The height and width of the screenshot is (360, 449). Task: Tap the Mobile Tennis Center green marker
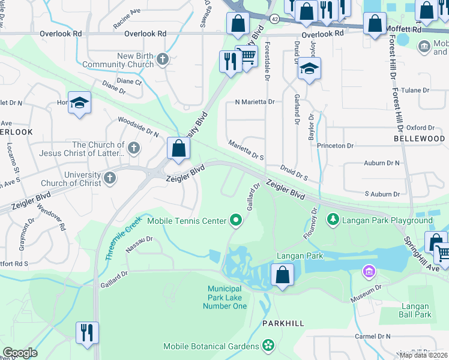tap(236, 221)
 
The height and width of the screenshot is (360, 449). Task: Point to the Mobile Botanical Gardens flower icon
tap(268, 346)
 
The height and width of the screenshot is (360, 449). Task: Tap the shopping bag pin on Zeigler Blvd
tap(178, 148)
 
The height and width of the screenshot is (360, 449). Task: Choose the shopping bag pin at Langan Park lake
tap(282, 275)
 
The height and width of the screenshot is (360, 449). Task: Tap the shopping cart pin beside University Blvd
tap(247, 56)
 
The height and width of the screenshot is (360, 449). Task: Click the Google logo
tap(20, 353)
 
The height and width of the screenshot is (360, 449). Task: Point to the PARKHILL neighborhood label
tap(283, 323)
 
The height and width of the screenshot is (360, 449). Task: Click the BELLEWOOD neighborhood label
tap(419, 139)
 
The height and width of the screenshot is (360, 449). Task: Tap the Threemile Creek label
tap(123, 238)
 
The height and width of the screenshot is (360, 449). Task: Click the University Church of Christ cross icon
tap(109, 178)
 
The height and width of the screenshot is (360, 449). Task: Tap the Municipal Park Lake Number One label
tap(228, 297)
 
